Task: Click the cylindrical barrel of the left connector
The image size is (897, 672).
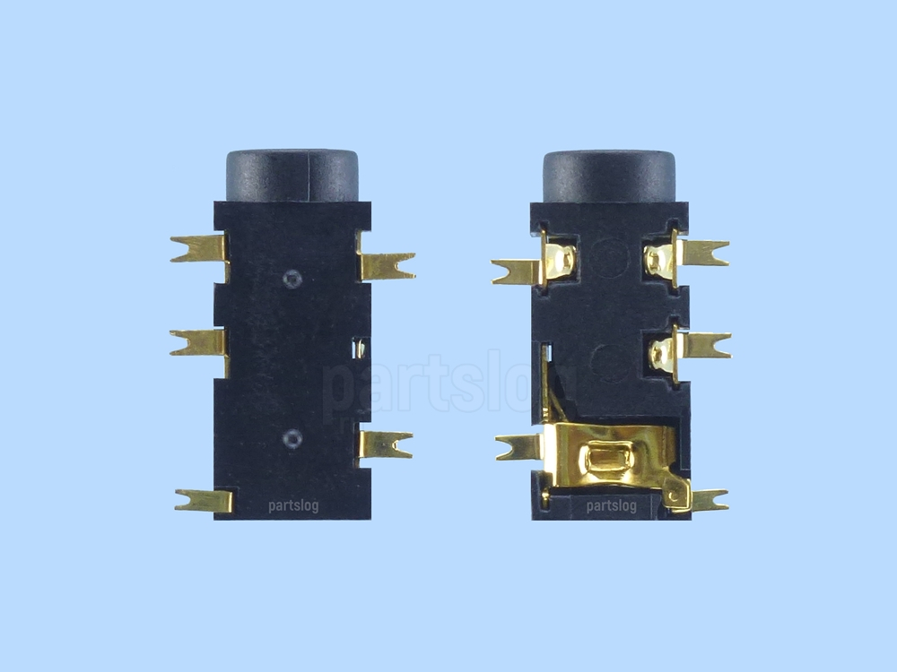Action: coord(292,176)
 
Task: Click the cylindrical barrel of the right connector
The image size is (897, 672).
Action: coord(609,176)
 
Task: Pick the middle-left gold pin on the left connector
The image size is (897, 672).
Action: coord(199,343)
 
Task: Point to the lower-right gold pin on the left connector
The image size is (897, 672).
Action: coord(386,444)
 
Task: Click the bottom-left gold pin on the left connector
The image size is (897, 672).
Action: coord(204,501)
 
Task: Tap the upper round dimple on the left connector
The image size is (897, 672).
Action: coord(292,279)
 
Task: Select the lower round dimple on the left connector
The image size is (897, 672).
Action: coord(292,439)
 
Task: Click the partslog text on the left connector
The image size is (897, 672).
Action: coord(293,505)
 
